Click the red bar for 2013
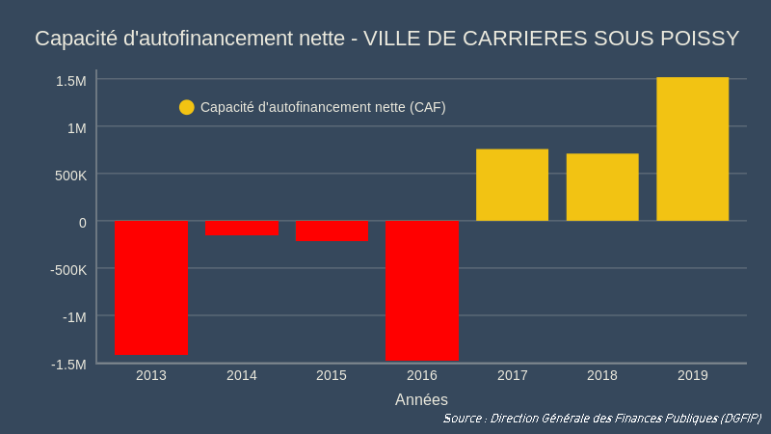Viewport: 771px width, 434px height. pyautogui.click(x=151, y=287)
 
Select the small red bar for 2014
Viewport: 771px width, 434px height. pyautogui.click(x=242, y=228)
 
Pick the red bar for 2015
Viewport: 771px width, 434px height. pyautogui.click(x=332, y=231)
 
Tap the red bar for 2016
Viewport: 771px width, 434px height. pyautogui.click(x=421, y=290)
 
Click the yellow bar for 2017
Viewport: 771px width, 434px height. pyautogui.click(x=512, y=185)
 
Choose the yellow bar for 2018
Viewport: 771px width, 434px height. pyautogui.click(x=602, y=187)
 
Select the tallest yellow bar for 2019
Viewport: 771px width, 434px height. pyautogui.click(x=692, y=149)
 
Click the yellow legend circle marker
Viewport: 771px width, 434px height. pyautogui.click(x=187, y=107)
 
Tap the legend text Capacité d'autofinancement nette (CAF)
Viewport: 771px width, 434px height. pyautogui.click(x=323, y=107)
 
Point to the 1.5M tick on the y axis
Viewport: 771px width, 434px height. pyautogui.click(x=70, y=80)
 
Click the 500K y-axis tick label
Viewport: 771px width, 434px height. pyautogui.click(x=69, y=175)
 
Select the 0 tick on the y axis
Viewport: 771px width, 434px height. pyautogui.click(x=83, y=222)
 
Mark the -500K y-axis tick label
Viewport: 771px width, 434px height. pyautogui.click(x=67, y=269)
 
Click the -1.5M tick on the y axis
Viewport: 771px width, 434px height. pyautogui.click(x=68, y=364)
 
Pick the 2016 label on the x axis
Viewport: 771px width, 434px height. pyautogui.click(x=421, y=375)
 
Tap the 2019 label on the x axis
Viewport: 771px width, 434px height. pyautogui.click(x=692, y=375)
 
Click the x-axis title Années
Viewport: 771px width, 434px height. pyautogui.click(x=421, y=398)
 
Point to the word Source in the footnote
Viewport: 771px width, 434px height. pyautogui.click(x=464, y=419)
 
